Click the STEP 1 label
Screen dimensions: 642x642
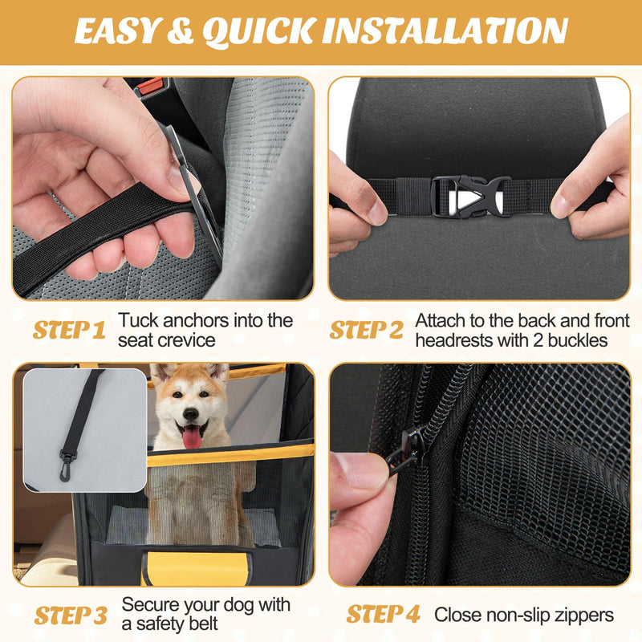coord(69,330)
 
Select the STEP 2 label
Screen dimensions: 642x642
coord(367,330)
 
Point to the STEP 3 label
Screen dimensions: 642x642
coord(70,616)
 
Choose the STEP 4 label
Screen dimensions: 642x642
coord(383,615)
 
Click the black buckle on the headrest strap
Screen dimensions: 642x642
coord(470,193)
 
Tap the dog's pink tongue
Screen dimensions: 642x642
coord(192,437)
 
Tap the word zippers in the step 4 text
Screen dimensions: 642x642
coord(580,616)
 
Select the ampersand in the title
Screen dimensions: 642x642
coord(181,32)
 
